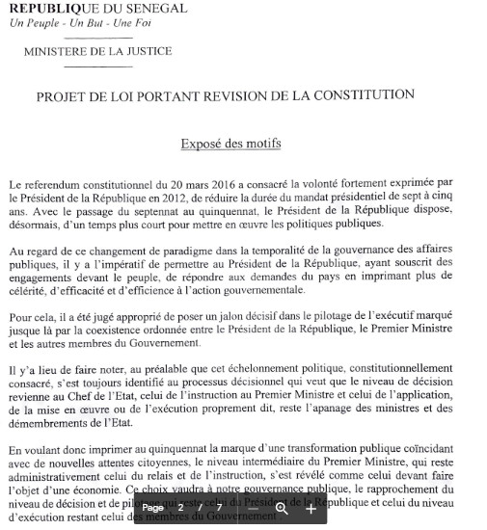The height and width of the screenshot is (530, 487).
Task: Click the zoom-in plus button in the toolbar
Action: coord(311,508)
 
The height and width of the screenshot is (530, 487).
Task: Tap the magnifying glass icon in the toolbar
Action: coord(282,508)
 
